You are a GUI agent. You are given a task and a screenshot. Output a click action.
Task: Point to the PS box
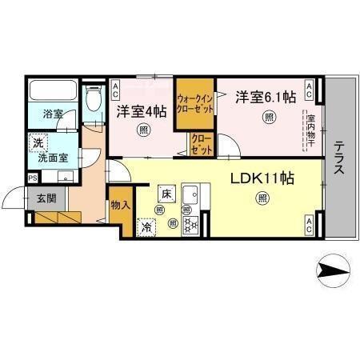pos(32,178)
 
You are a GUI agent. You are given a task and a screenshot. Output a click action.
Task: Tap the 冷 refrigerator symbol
pos(147,226)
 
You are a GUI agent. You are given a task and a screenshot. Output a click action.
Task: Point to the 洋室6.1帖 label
pos(265,98)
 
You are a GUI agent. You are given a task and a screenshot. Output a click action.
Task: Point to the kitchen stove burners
pos(191,224)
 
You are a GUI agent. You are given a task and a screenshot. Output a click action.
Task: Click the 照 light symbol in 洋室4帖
pos(143,130)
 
